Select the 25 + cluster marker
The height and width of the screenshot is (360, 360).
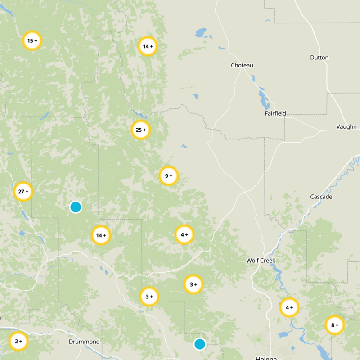[141, 130]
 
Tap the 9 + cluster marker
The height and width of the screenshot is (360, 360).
[169, 176]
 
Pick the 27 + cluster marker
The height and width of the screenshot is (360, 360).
[23, 192]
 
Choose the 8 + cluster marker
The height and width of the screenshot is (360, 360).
[335, 325]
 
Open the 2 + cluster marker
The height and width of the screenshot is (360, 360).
[18, 341]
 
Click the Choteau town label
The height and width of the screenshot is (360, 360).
[242, 66]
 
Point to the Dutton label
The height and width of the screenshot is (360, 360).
[319, 58]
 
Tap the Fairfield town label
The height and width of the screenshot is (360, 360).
[275, 114]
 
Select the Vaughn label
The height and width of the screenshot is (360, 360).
[346, 127]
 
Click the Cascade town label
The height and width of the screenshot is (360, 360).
[321, 197]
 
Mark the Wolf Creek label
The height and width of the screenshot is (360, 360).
[261, 261]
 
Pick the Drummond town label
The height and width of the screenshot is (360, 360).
[84, 342]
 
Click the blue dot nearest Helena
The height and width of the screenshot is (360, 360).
[200, 344]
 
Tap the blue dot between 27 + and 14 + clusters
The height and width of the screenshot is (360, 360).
[76, 207]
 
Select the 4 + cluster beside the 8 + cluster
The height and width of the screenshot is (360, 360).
[289, 307]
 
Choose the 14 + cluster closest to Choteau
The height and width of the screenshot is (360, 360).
[148, 46]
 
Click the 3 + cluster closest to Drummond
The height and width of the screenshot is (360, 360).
[149, 297]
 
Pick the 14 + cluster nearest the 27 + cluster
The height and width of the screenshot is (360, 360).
[101, 235]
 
